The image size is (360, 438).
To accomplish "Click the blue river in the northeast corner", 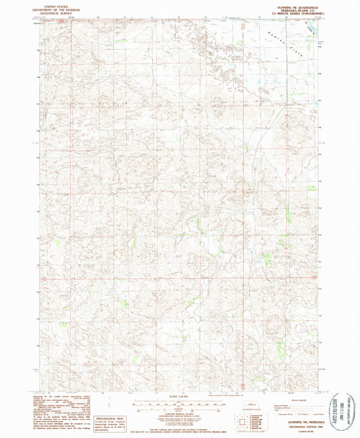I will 312,28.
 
